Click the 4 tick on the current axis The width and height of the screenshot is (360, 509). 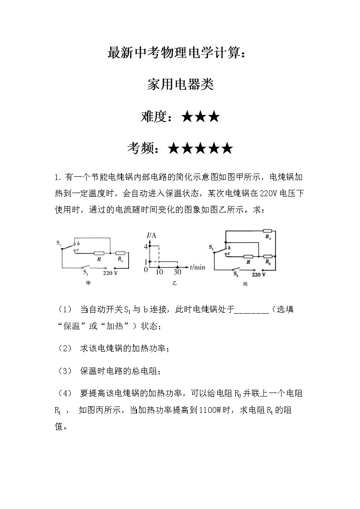pos(146,247)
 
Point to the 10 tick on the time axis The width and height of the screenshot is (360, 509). pos(159,272)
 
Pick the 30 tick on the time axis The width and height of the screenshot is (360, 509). pos(177,272)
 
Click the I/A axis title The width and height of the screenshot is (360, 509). pos(151,235)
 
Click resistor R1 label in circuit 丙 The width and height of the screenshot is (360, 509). pos(268,237)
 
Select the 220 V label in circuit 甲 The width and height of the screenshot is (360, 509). pos(110,273)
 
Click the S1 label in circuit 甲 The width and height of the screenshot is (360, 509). pos(59,243)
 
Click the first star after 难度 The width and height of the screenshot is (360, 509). pos(187,117)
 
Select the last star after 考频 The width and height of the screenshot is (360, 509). pos(227,148)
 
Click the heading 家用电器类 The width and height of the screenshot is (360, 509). pos(180,85)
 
